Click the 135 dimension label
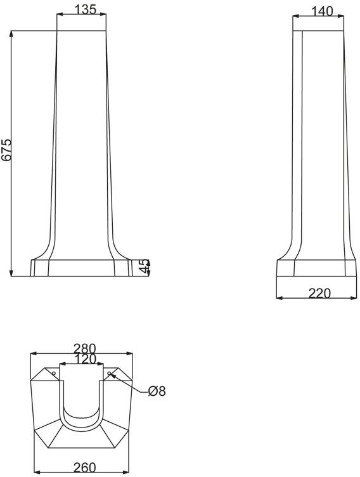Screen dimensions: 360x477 (x=86, y=9)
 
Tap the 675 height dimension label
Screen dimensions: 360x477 (x=6, y=150)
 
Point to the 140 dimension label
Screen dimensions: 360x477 (x=323, y=11)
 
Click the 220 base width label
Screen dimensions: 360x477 (x=319, y=293)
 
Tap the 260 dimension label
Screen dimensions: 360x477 (x=85, y=467)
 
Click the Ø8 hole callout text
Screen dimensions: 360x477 (x=157, y=391)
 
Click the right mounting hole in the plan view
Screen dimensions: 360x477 (x=109, y=373)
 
